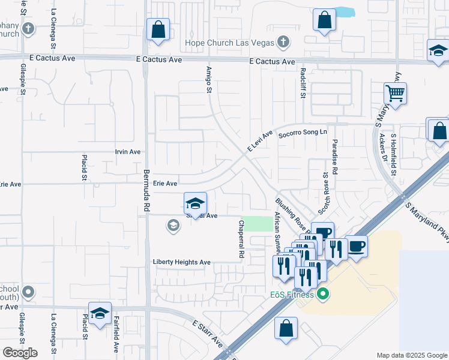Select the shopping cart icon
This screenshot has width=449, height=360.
pos(395,93)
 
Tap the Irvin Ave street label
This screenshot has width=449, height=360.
pos(127,152)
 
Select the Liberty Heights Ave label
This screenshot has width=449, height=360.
pos(182,262)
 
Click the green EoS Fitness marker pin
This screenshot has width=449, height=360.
pos(323,294)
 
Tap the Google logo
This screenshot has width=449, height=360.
pos(20,353)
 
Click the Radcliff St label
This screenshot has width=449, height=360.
pos(303,79)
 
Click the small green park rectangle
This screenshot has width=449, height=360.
pos(256,224)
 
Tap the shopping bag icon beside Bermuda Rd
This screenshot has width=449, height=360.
pos(158,29)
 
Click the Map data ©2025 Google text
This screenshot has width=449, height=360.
pos(412,355)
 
